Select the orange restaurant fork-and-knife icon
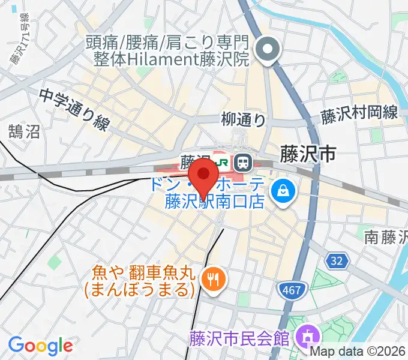point(212,277)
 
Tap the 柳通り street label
point(243,120)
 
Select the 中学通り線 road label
point(75,110)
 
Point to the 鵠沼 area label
point(24,131)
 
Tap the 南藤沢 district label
point(386,237)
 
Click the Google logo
point(40,346)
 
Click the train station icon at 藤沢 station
point(242,161)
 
